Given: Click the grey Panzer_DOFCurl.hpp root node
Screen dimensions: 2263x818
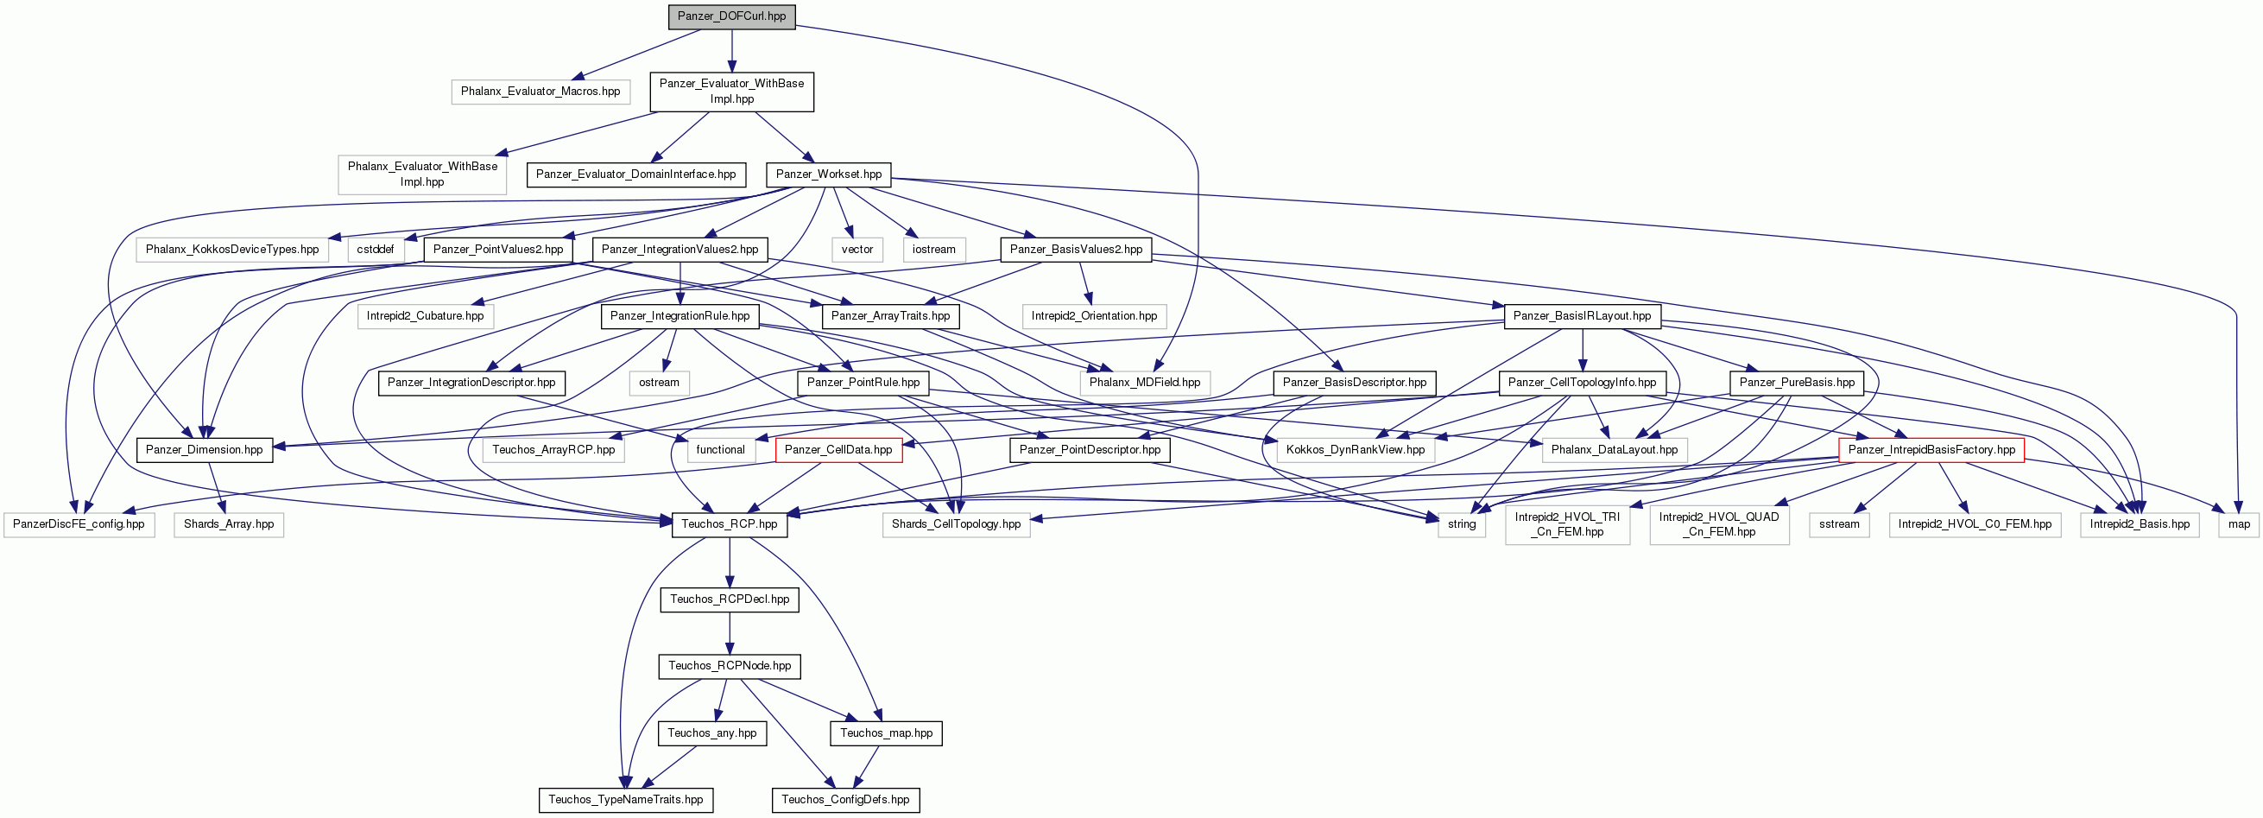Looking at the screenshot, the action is pyautogui.click(x=732, y=16).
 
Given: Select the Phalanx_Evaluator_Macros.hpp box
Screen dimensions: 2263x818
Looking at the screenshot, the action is pyautogui.click(x=540, y=92).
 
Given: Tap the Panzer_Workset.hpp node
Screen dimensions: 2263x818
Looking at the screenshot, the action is pyautogui.click(x=828, y=174).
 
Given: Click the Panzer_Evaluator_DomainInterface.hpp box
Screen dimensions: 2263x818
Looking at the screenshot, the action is pyautogui.click(x=636, y=174).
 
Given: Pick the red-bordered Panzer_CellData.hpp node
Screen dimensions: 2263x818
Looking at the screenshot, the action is pyautogui.click(x=838, y=450).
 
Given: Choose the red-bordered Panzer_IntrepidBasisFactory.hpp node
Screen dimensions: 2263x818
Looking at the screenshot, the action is pyautogui.click(x=1931, y=450).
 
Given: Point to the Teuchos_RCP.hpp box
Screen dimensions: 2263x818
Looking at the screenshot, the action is pyautogui.click(x=729, y=524).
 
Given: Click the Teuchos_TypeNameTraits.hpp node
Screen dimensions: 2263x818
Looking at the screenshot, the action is pyautogui.click(x=625, y=800).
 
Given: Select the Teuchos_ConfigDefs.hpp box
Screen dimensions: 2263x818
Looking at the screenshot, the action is pyautogui.click(x=845, y=800).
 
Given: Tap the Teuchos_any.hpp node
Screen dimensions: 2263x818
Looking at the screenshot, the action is pyautogui.click(x=711, y=732).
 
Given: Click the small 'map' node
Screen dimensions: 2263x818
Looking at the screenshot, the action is pyautogui.click(x=2240, y=524).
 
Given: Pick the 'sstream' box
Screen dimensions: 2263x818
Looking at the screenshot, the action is pyautogui.click(x=1840, y=524).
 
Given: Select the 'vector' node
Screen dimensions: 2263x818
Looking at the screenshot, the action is pyautogui.click(x=857, y=250).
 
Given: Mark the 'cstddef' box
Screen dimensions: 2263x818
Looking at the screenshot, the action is pyautogui.click(x=375, y=250).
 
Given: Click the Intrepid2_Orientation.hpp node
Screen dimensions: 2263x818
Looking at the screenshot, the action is pyautogui.click(x=1094, y=316).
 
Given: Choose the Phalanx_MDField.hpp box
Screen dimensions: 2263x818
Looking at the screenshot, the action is pyautogui.click(x=1145, y=383).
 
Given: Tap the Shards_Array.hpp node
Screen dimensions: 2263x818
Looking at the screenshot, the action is pyautogui.click(x=229, y=524).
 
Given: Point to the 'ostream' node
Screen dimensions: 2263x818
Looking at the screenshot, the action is pyautogui.click(x=659, y=383).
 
